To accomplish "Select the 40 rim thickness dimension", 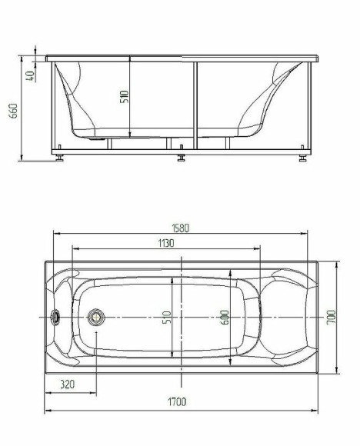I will (30, 76).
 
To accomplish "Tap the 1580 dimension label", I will (180, 228).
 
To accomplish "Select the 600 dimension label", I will (225, 317).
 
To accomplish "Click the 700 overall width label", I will (332, 318).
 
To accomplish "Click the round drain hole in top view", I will (96, 317).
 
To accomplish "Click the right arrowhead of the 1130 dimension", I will (256, 249).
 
